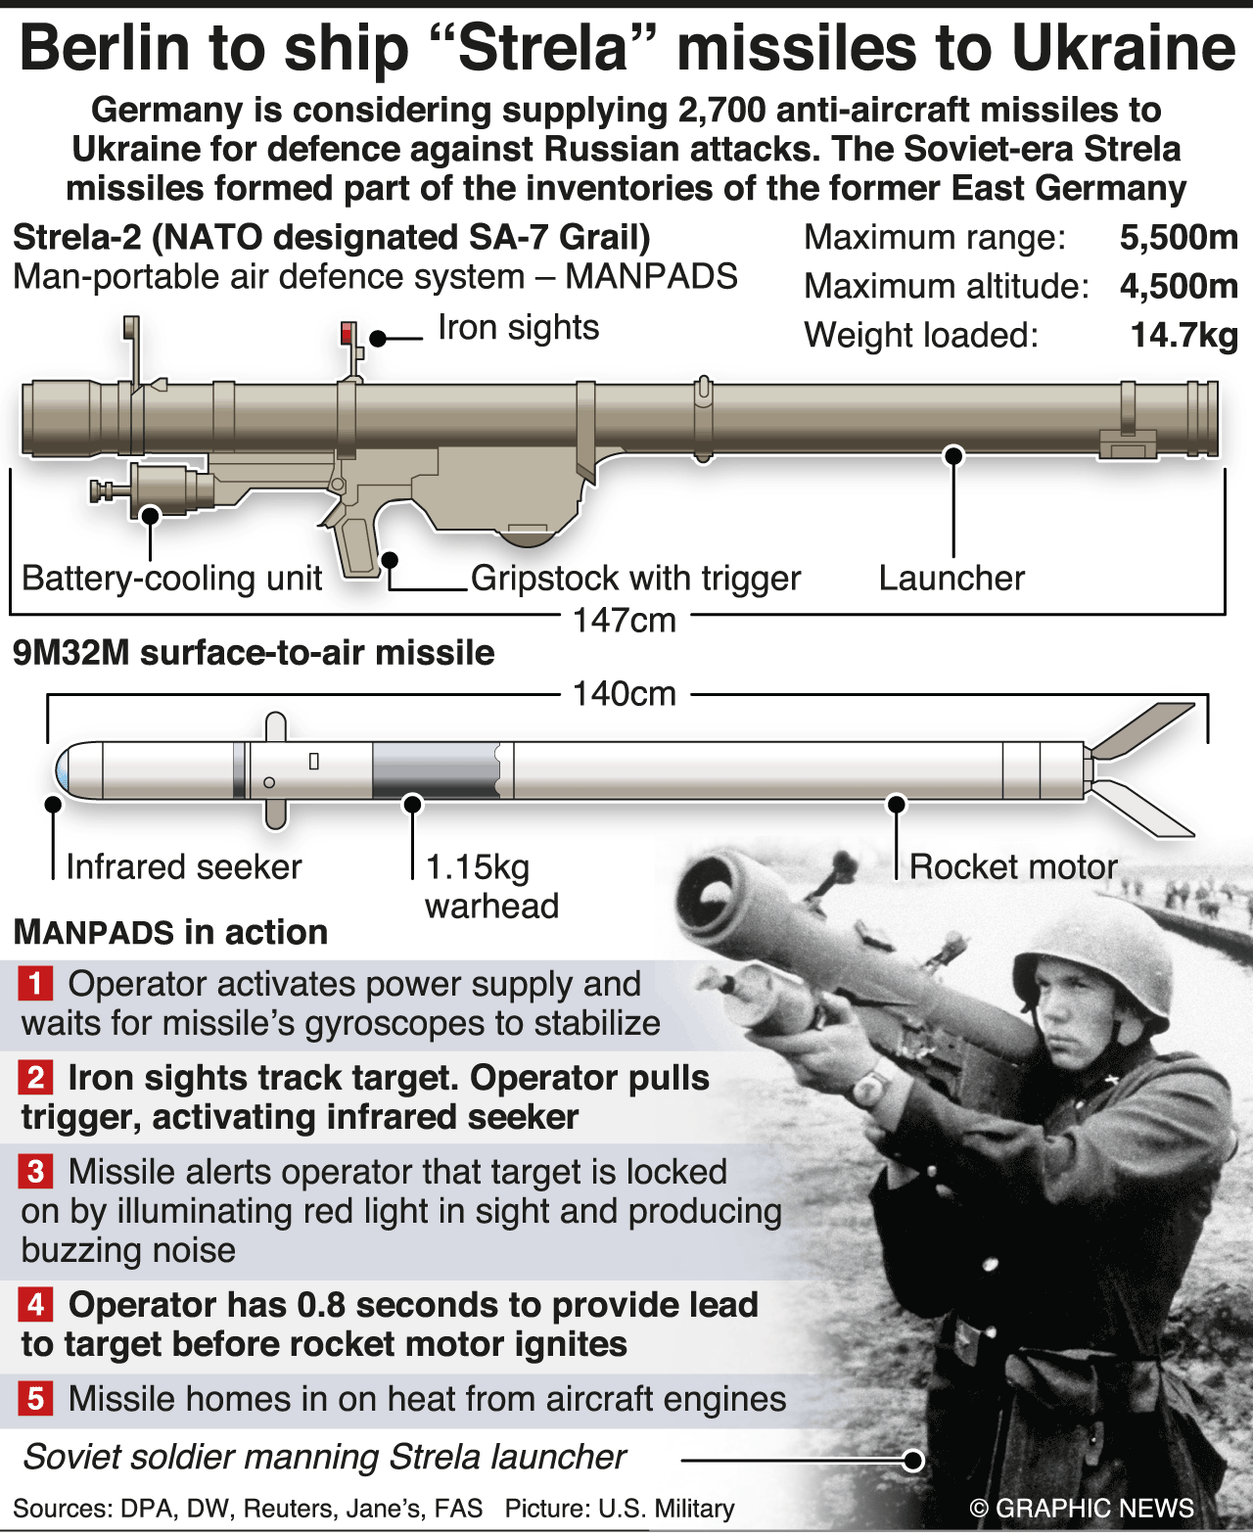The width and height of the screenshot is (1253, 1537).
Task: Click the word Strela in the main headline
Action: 543,49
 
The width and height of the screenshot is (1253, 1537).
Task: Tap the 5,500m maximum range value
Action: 1179,238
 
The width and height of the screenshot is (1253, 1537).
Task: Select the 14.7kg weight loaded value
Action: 1183,336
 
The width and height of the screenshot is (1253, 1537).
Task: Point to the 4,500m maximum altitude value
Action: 1179,287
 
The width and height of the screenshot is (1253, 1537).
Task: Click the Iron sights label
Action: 518,328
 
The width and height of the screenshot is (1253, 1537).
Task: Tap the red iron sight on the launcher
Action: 347,333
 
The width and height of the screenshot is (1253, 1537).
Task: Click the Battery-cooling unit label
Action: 171,579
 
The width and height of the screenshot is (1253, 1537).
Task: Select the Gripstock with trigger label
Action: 635,579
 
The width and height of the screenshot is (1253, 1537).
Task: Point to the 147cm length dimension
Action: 625,621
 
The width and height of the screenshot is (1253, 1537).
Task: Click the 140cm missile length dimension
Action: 625,694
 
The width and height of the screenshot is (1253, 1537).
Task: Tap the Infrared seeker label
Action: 184,867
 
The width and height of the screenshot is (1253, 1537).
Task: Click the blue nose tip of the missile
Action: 63,770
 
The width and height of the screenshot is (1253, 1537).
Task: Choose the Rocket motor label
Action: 1013,867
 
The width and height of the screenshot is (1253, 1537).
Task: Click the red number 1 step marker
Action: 35,984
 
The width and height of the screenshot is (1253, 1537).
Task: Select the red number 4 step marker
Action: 35,1305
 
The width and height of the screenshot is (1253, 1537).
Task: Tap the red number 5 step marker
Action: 35,1399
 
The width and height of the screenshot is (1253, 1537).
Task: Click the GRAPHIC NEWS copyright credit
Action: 1082,1509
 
